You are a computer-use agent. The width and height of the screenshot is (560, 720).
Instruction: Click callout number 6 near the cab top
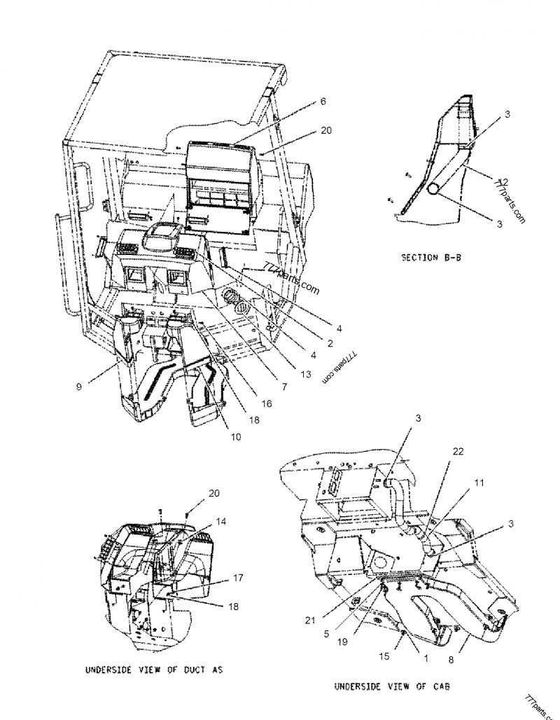click(x=323, y=101)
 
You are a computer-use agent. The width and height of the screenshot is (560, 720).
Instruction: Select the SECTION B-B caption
click(x=430, y=257)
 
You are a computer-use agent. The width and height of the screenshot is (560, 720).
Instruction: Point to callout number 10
click(x=235, y=437)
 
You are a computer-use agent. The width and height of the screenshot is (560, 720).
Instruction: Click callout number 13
click(x=305, y=375)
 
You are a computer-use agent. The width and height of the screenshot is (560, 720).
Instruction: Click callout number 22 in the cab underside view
click(x=458, y=452)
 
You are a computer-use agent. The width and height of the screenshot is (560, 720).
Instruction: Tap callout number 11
click(x=479, y=483)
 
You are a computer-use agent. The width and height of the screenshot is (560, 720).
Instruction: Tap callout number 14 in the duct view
click(x=221, y=521)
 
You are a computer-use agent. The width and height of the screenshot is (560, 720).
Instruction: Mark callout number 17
click(x=238, y=578)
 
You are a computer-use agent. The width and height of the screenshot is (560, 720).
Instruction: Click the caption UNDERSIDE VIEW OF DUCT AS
click(x=153, y=670)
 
